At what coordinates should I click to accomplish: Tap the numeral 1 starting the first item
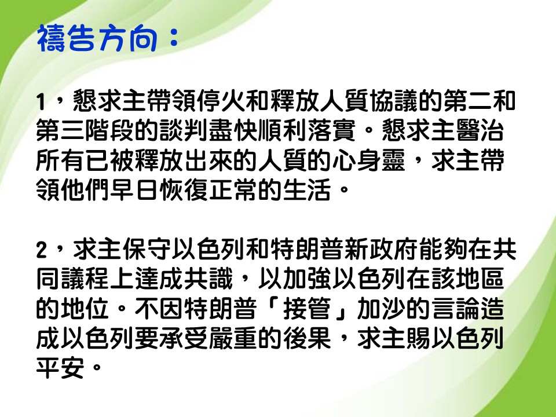[x=41, y=102]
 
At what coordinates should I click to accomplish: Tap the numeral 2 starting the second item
[x=42, y=250]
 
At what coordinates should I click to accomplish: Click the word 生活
[x=306, y=191]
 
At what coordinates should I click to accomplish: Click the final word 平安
[x=60, y=368]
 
